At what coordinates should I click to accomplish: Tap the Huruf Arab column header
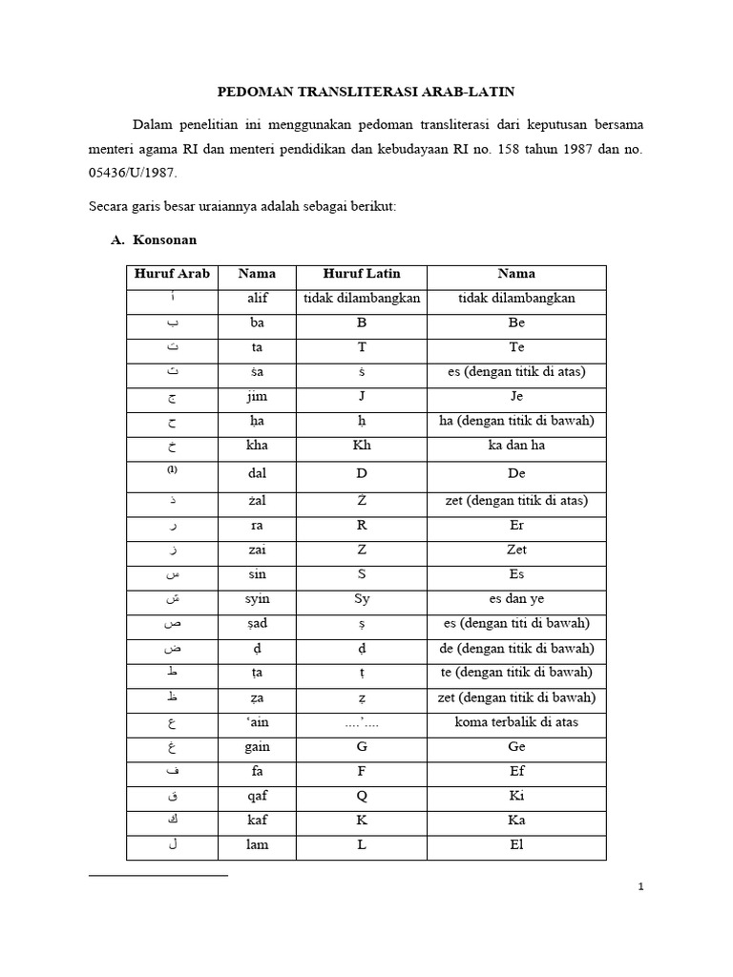point(169,274)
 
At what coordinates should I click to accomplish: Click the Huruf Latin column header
point(362,274)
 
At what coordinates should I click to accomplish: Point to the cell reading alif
point(257,299)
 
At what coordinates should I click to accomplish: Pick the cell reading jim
point(257,397)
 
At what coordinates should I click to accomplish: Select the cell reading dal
point(257,473)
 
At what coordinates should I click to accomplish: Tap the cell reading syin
point(257,599)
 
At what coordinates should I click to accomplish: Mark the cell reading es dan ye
point(516,599)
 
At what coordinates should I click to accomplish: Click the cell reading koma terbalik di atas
point(516,722)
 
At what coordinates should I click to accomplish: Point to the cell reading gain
point(257,747)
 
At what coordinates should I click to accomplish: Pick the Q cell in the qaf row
point(362,796)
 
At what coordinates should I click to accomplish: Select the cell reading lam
point(257,844)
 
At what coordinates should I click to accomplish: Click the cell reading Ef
point(516,771)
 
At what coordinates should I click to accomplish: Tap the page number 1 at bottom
point(641,887)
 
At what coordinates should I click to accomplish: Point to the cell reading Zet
point(516,550)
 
